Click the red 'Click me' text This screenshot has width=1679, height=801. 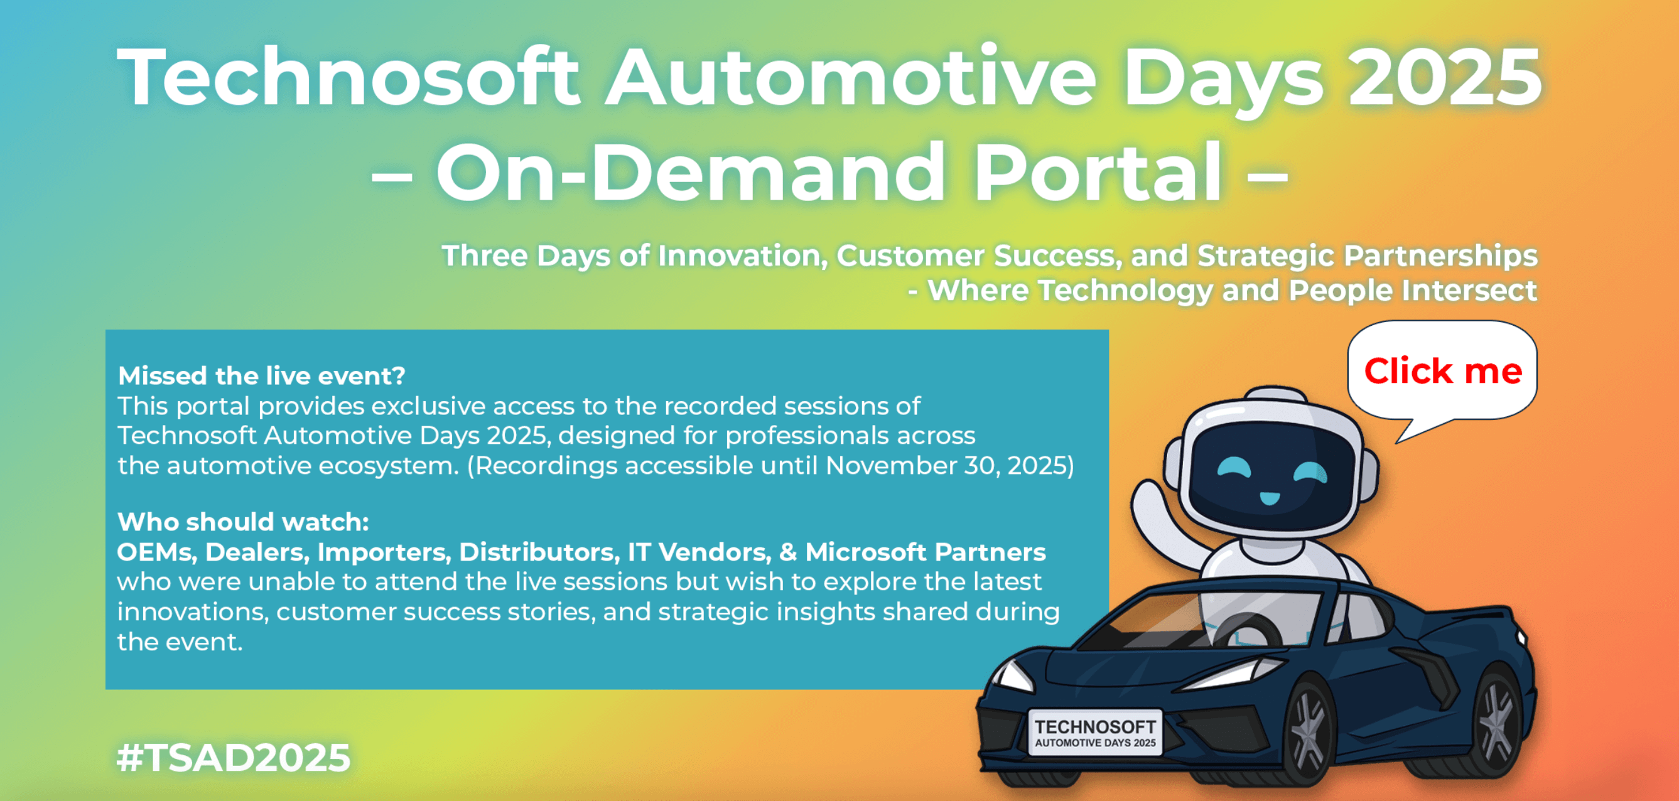[x=1443, y=371]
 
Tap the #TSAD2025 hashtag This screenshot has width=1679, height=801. [x=234, y=757]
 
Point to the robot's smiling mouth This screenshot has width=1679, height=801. [x=1269, y=499]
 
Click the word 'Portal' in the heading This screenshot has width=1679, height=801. [x=1098, y=172]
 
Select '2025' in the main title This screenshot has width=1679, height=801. [x=1444, y=77]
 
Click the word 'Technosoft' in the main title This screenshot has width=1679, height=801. [x=348, y=77]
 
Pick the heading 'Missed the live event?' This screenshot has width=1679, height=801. [x=261, y=375]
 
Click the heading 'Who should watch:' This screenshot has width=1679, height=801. [x=243, y=522]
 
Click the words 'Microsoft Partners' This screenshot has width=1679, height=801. [x=925, y=552]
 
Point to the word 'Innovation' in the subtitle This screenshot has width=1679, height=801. [x=742, y=255]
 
